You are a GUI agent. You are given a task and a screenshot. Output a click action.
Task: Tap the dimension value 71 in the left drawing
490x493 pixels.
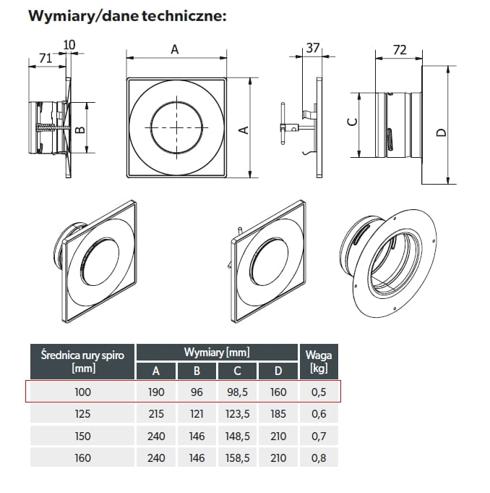point(45,59)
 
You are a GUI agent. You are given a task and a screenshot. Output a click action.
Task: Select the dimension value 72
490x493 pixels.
point(399,49)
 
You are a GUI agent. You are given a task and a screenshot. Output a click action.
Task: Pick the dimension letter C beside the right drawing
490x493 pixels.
point(352,122)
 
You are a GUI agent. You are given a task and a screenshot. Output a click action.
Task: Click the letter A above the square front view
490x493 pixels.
point(174,49)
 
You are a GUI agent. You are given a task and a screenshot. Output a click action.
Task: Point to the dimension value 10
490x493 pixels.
point(69,45)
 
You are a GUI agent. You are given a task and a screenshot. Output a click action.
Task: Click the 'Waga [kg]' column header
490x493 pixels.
point(319,361)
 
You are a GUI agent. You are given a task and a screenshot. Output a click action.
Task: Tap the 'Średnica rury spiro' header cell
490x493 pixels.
point(82,361)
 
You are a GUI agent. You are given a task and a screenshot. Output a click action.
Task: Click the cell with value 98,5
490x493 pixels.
point(237,392)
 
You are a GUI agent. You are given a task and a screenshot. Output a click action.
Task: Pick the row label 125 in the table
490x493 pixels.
point(83,414)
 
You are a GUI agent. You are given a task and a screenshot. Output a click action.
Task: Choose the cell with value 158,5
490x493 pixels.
point(237,458)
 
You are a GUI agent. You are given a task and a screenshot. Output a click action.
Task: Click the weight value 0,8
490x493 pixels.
point(318,458)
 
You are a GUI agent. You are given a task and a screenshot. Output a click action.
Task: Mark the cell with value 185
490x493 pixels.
point(278,414)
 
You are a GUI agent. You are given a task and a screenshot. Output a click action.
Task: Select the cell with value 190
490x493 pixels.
point(156,392)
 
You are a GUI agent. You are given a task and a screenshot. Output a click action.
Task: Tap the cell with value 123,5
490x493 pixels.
point(237,414)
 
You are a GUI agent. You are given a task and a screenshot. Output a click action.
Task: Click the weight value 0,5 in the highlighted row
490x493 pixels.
point(318,392)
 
